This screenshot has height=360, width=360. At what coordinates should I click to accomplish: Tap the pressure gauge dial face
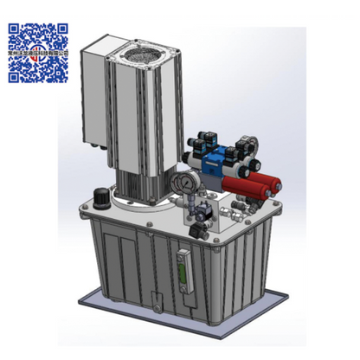pos(183,183)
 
